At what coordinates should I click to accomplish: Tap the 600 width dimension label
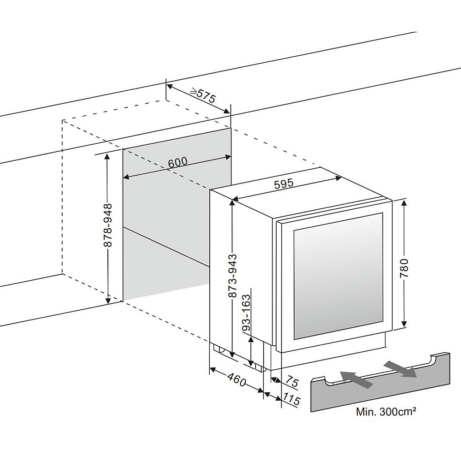177,162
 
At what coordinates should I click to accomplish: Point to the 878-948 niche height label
108,225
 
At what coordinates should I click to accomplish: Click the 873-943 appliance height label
232,276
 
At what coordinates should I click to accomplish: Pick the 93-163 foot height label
246,313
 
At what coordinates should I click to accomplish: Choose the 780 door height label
405,268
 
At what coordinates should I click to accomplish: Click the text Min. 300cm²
386,412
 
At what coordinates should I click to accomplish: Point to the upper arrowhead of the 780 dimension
405,203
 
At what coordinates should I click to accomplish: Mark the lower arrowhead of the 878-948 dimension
108,300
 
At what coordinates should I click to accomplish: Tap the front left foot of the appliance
260,367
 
